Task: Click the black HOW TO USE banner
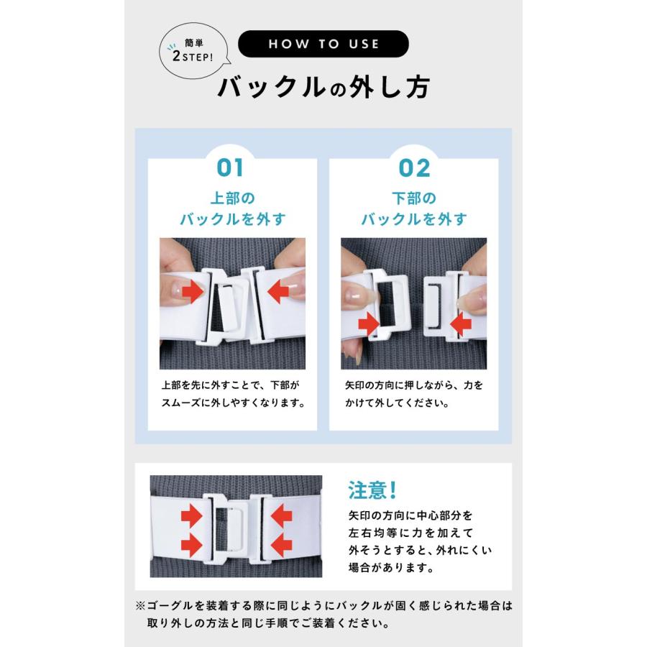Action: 323,45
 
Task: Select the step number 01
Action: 231,168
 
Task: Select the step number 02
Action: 414,168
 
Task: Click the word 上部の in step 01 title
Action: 231,197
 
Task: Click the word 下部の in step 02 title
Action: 414,197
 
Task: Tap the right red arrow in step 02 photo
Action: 460,325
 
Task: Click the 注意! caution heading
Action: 373,490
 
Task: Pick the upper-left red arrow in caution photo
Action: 192,515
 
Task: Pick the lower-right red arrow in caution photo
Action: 280,544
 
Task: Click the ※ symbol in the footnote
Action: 140,605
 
